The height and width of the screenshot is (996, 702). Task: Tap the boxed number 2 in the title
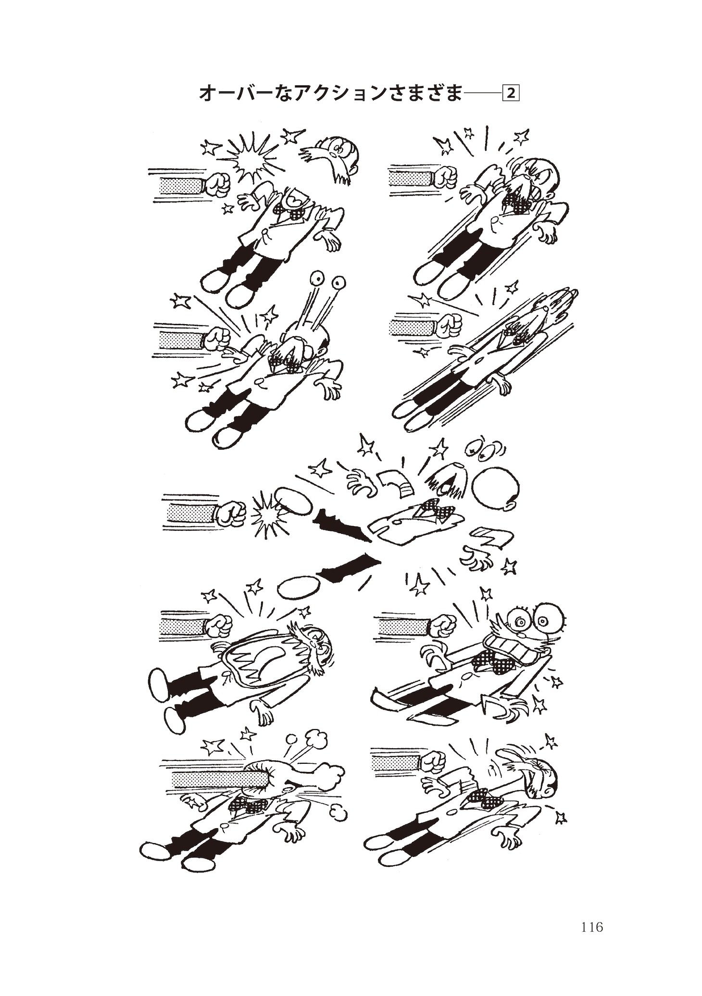pos(511,93)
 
